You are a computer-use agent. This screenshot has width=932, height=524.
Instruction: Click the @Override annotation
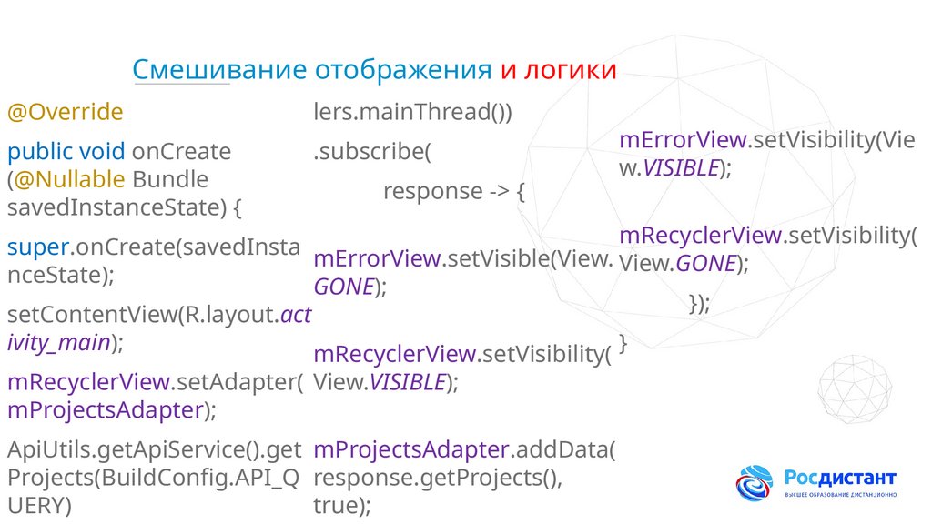(65, 113)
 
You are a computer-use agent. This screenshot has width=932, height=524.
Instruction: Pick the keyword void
(102, 151)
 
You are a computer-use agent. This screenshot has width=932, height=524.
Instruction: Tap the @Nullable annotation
(69, 179)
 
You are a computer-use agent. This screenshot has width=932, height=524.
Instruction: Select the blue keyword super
(35, 246)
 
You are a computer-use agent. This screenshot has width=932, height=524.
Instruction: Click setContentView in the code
(92, 315)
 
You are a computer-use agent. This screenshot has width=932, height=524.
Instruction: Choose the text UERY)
(39, 506)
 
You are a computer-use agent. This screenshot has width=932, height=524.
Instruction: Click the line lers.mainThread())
(413, 113)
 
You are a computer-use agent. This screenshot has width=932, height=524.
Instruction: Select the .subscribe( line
(370, 152)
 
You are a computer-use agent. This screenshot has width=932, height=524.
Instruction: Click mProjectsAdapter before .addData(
(410, 449)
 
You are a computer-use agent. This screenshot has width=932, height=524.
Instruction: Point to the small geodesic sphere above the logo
(854, 390)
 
